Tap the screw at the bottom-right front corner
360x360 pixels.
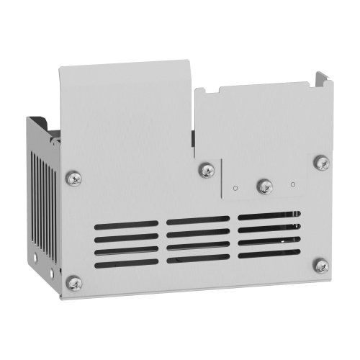[321, 266]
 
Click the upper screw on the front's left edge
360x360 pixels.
[73, 177]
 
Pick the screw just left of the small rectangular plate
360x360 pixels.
[207, 171]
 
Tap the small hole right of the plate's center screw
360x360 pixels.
[292, 184]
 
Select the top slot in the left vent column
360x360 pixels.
[127, 225]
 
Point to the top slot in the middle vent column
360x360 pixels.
[199, 220]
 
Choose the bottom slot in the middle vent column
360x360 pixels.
[199, 257]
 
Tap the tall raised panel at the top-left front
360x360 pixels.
[126, 115]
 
